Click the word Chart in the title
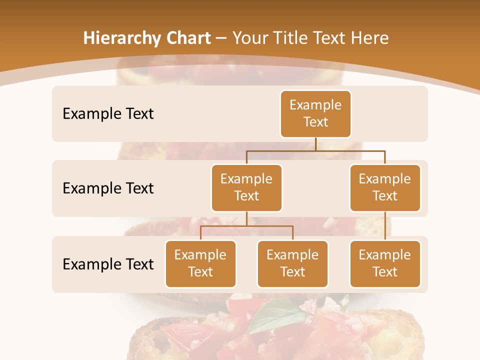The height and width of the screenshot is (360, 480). pos(186,38)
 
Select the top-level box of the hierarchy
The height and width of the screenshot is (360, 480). pos(315,113)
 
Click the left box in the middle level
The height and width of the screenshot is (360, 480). pos(246,187)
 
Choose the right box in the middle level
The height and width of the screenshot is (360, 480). pos(385,187)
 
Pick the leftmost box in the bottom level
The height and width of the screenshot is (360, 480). pos(200,263)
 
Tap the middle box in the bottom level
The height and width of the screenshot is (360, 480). pos(292,263)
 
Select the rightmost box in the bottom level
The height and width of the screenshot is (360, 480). pos(385,263)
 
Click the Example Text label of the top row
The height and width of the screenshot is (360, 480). pos(108,114)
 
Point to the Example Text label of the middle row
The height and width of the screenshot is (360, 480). pos(108,188)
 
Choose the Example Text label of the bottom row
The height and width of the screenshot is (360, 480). pos(108,264)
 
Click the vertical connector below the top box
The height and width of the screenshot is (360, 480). pos(315,144)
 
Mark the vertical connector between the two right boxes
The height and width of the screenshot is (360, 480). pos(385,225)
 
